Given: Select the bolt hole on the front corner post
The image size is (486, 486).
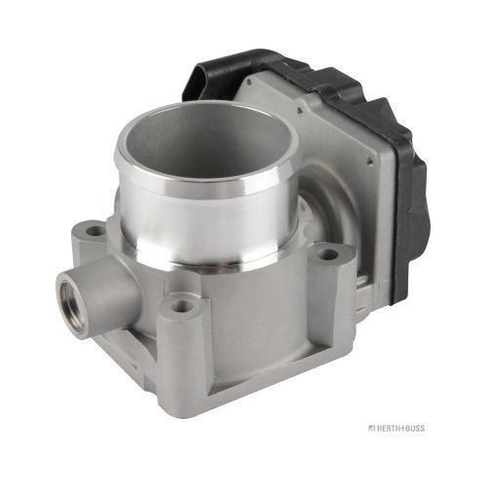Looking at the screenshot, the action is tap(181, 305).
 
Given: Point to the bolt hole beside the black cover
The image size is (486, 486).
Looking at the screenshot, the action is tap(329, 255).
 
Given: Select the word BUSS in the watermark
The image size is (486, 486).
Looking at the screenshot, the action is tap(416, 428).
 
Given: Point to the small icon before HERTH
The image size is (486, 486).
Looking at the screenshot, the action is tap(371, 428).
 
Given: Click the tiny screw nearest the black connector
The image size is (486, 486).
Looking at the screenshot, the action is tap(249, 82).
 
